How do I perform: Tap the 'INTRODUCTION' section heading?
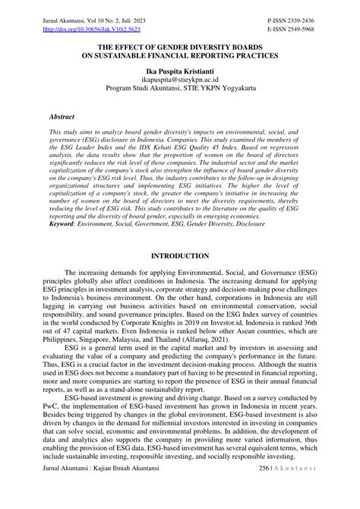pyautogui.click(x=180, y=257)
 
